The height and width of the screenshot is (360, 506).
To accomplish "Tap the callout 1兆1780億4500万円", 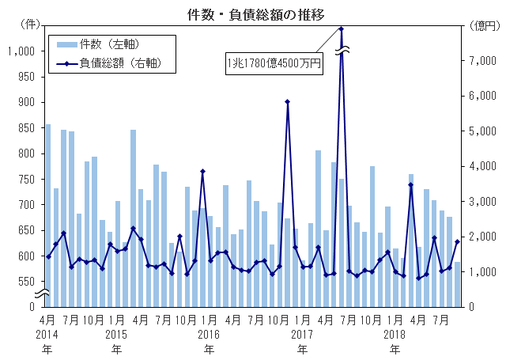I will [274, 63].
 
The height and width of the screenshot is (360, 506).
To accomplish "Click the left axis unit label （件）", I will [29, 25].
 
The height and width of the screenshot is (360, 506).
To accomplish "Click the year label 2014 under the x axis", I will [47, 334].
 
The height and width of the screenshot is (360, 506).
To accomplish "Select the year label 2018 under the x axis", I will [395, 334].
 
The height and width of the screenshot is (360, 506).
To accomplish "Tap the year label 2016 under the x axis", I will [209, 334].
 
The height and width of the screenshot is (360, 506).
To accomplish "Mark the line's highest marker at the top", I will [341, 29].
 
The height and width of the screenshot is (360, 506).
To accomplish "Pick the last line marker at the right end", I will [457, 242].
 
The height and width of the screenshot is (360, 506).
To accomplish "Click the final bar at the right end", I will [457, 284].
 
